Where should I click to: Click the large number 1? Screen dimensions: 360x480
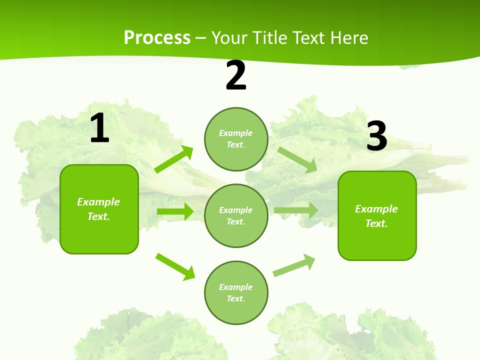pos(99,129)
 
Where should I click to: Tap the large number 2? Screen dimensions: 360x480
pos(236,75)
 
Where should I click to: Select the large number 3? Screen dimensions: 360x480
pos(376,136)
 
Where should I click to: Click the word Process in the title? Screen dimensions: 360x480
pos(157,37)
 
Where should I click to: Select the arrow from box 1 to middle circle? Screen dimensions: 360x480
pos(175,211)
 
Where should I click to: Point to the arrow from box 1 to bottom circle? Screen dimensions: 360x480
pos(175,266)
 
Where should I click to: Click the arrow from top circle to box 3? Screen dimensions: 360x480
pos(297,160)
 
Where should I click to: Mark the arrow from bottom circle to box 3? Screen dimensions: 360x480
pos(294,265)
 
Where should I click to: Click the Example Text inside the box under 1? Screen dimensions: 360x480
pos(98,209)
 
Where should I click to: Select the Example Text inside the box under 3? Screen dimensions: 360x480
pos(376,216)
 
